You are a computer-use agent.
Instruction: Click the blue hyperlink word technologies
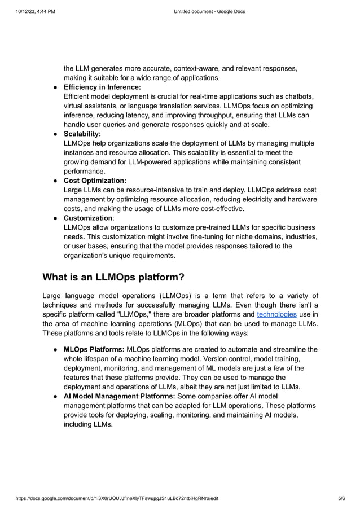tap(276, 314)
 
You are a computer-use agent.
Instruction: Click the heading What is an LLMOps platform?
tap(113, 277)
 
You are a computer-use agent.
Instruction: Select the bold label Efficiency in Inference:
tap(102, 87)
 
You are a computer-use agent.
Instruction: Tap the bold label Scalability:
tap(82, 134)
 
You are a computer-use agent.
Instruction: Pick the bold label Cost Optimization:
tap(95, 181)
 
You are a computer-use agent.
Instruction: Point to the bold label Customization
tap(88, 218)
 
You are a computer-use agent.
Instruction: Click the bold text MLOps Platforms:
tap(94, 349)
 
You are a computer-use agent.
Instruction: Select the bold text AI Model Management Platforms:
tap(120, 396)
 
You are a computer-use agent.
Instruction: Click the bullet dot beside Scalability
tap(56, 134)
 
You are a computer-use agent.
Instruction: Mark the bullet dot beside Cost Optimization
tap(56, 181)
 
